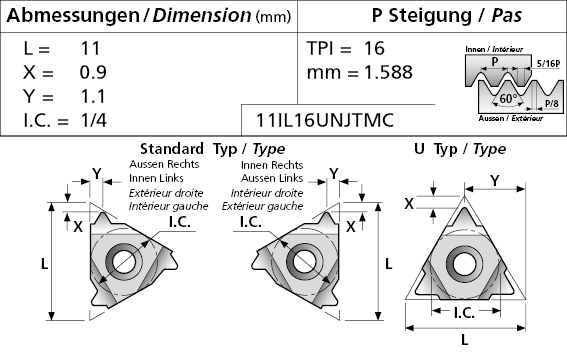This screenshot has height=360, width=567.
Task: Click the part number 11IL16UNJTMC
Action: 324,120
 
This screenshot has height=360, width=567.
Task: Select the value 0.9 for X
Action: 93,72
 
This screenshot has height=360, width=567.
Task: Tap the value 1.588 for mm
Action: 388,72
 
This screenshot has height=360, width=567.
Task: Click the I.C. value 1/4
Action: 94,120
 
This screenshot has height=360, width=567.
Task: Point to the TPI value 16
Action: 374,48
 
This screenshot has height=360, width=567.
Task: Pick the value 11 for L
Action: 90,48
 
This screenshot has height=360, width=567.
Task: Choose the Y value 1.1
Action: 93,96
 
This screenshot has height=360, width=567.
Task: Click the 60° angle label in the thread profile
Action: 508,98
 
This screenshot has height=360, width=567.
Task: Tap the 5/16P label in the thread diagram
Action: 548,64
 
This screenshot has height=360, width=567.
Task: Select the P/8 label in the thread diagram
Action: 551,103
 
